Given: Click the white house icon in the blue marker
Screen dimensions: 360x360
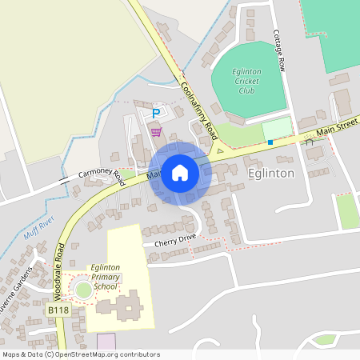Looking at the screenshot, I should pos(180,172).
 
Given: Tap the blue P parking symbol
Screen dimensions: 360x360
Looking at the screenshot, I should pos(156,114).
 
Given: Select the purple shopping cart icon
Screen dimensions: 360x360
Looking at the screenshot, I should pos(156,131).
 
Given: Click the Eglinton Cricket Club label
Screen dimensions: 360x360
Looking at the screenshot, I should pos(248,81).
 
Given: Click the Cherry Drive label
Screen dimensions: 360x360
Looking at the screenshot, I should pos(170,239).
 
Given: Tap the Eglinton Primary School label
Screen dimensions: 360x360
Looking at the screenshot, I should pos(106,276).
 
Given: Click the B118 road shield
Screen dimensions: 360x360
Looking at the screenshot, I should pos(58,309).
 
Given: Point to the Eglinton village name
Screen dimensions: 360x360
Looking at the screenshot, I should pos(271,173).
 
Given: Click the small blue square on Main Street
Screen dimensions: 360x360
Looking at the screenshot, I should pos(270,142).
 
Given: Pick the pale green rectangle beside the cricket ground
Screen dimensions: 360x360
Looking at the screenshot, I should pos(277,127).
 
